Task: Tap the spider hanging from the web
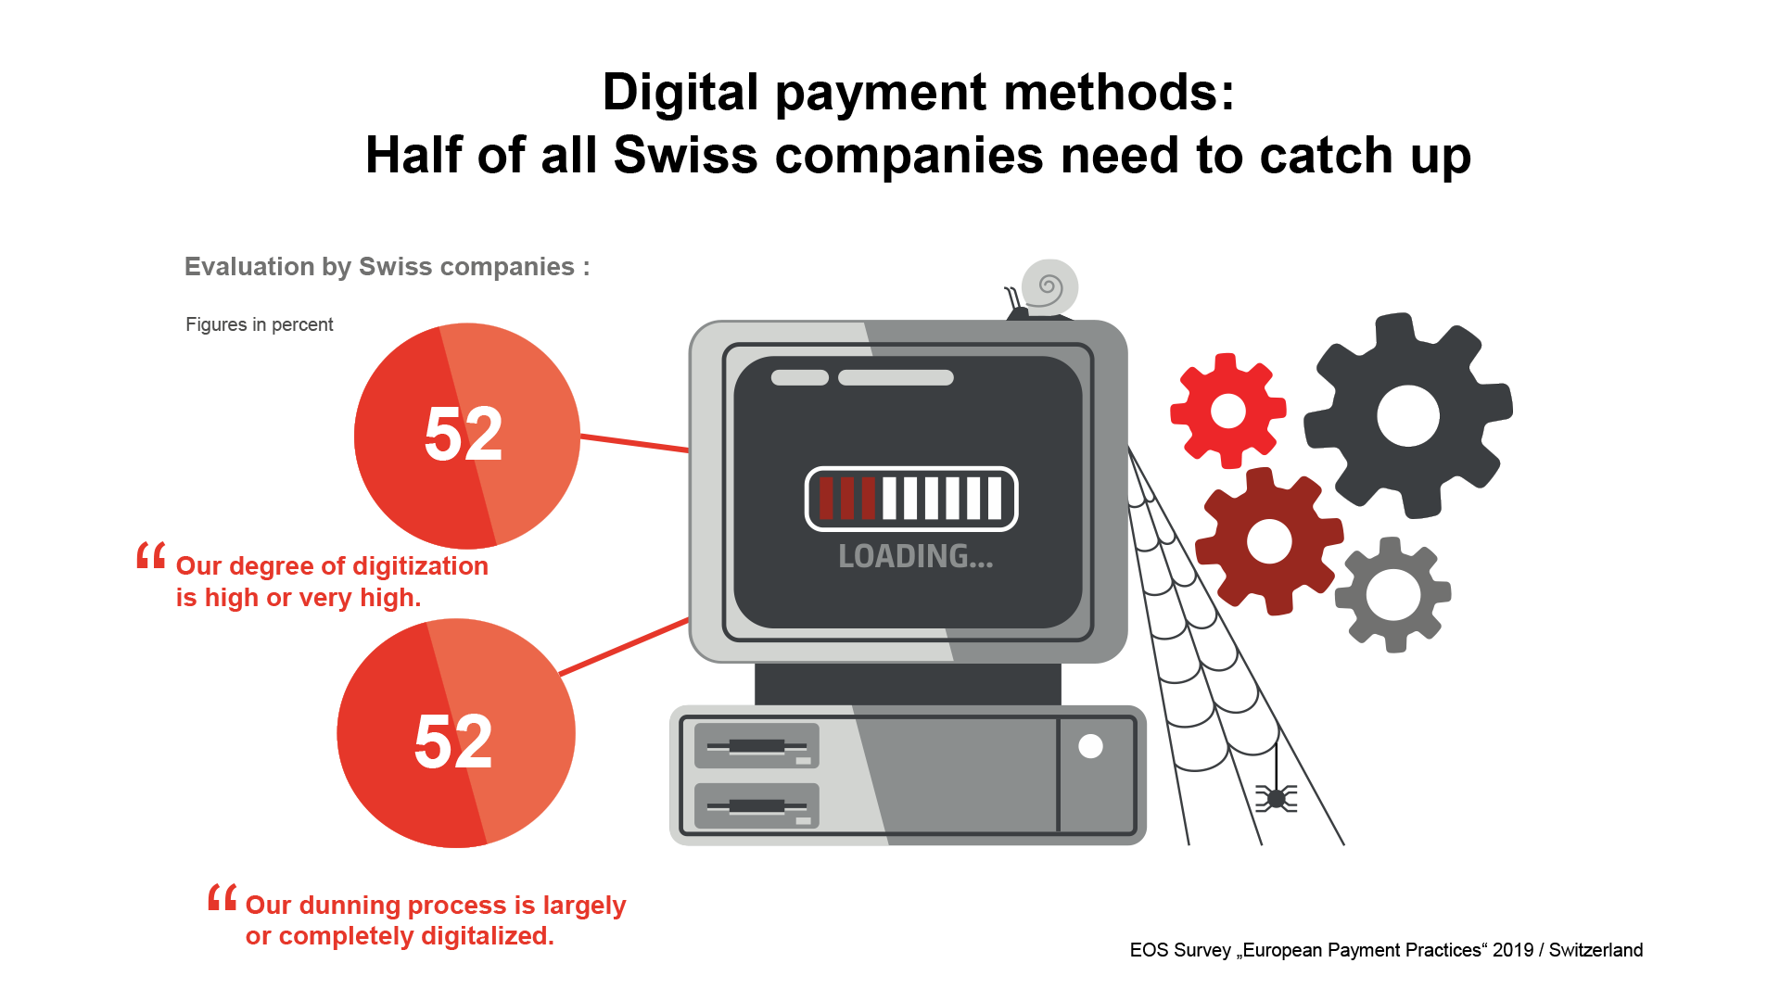coord(1277,798)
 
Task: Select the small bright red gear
coord(1228,411)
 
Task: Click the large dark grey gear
coord(1407,415)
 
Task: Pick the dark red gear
coord(1269,541)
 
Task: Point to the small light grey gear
coord(1392,594)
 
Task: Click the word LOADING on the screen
coord(915,556)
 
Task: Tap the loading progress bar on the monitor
coord(911,499)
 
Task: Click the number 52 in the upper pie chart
coord(464,434)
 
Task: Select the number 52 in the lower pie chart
coord(453,741)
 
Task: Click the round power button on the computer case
coord(1090,746)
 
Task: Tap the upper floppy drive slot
coord(756,746)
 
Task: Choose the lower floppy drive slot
coord(756,805)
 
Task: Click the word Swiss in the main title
coord(686,155)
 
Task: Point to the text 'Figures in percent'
coord(260,324)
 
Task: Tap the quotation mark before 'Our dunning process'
coord(222,897)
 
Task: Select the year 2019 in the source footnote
coord(1513,950)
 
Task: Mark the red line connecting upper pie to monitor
coord(635,443)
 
